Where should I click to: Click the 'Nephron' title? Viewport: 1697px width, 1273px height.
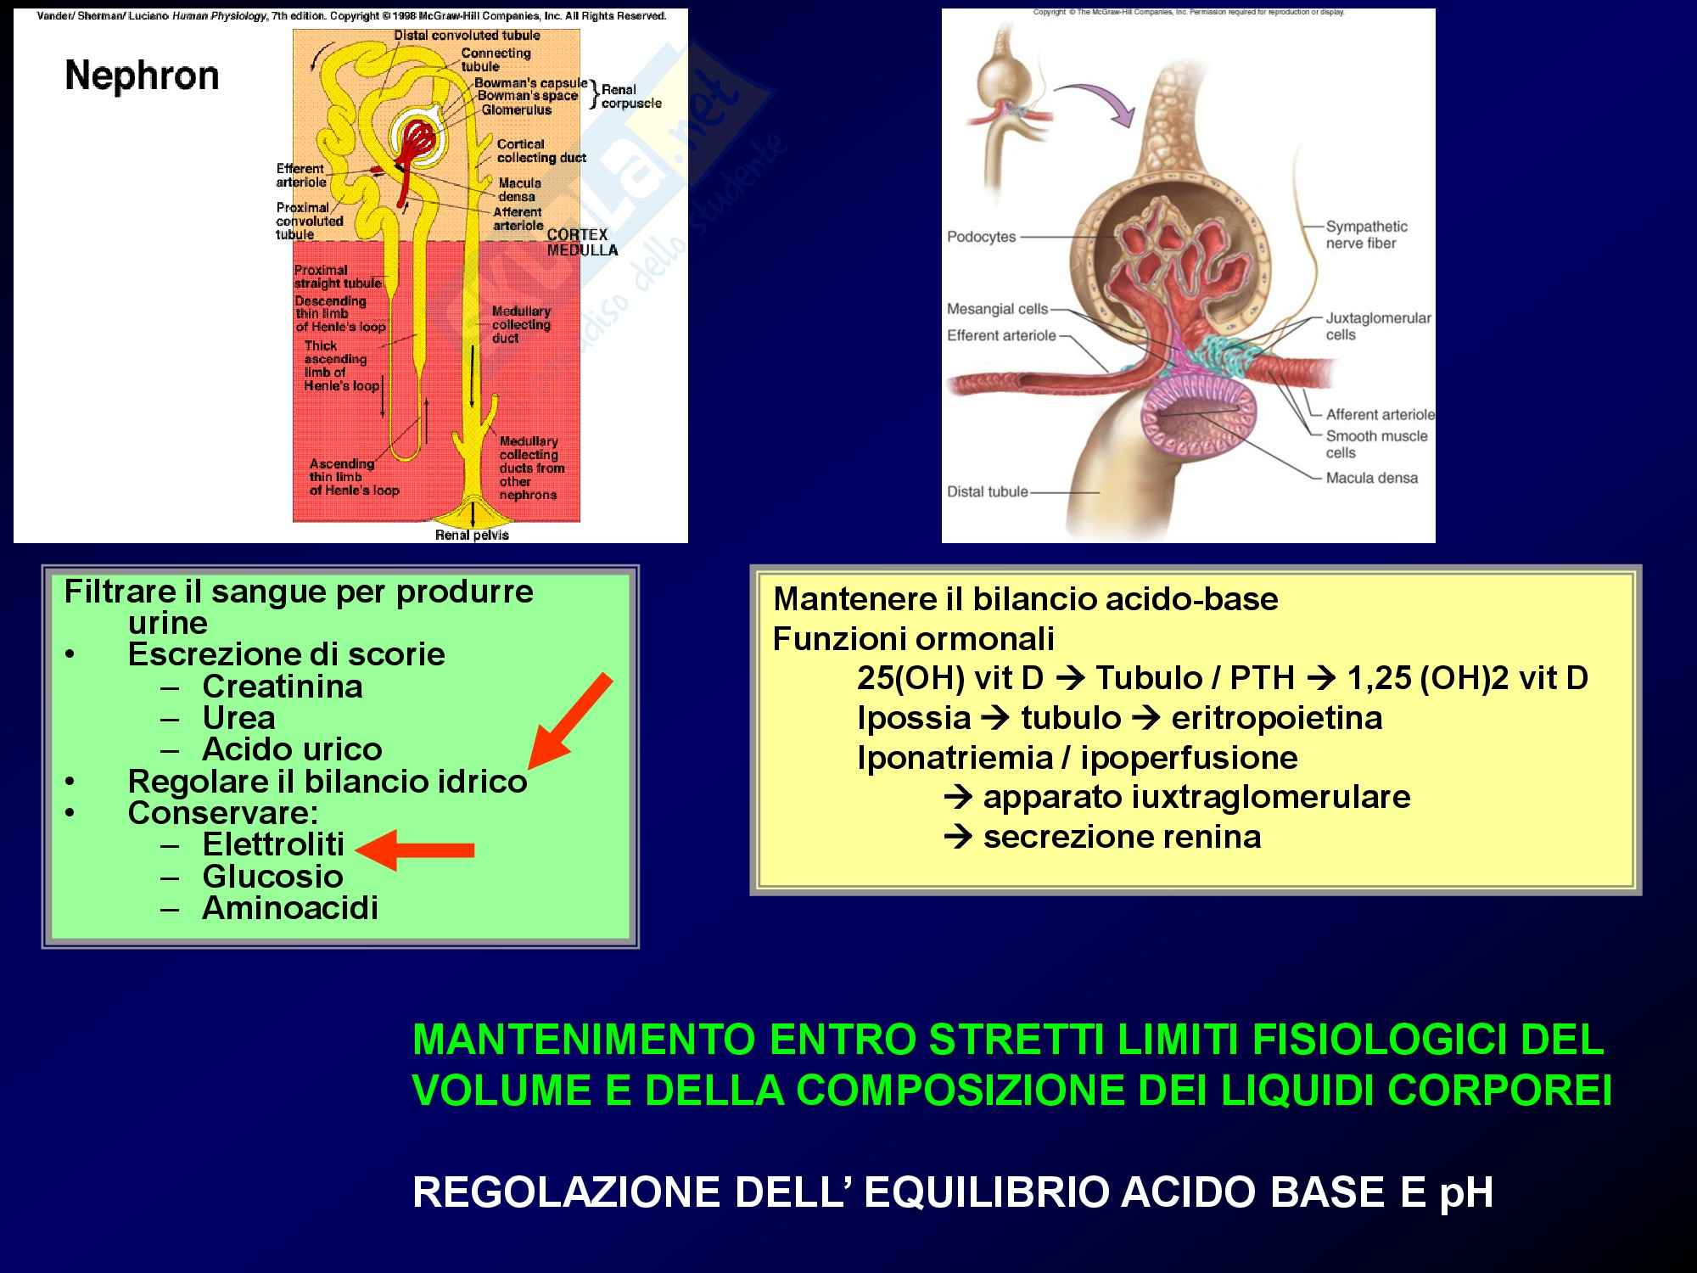coord(142,76)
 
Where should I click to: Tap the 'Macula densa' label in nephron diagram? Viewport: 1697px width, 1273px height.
coord(519,189)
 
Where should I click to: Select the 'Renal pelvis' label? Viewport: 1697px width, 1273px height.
coord(472,535)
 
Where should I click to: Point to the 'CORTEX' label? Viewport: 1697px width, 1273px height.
coord(577,234)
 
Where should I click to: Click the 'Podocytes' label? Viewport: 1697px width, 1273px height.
coord(981,237)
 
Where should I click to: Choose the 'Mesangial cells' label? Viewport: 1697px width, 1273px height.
coord(997,309)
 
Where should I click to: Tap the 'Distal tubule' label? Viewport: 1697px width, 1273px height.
coord(987,491)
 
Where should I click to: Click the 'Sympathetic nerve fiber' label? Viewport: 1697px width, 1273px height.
coord(1366,235)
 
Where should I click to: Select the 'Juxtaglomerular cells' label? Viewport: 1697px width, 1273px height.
coord(1377,326)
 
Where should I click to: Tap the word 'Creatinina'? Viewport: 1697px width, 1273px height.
coord(282,687)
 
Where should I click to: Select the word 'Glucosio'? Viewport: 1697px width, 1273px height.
coord(272,877)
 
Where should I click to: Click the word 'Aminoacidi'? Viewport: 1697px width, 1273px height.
coord(289,908)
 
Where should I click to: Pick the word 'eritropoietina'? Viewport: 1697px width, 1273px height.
coord(1276,718)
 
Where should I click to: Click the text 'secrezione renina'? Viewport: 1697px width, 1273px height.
coord(1122,838)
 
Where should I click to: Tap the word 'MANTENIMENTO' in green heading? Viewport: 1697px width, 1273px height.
coord(583,1040)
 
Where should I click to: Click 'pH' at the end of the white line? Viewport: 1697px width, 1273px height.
coord(1466,1192)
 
